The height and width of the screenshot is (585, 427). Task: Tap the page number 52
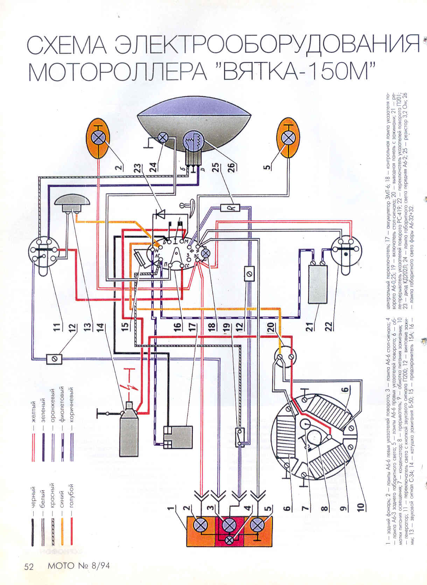click(29, 566)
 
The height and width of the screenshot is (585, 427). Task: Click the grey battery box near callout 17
click(178, 437)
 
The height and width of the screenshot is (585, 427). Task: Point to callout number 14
click(100, 327)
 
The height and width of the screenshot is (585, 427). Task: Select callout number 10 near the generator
click(360, 506)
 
